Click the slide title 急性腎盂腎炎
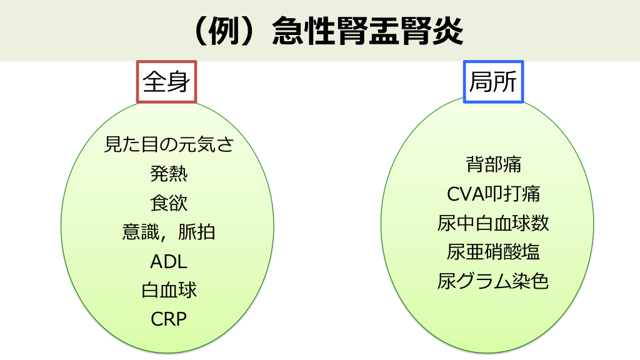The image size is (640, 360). pos(368,31)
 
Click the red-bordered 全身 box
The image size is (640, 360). pos(166,82)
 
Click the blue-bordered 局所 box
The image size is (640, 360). pos(493,82)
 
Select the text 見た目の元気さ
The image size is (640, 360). pos(169,145)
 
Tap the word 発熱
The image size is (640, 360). pos(169,174)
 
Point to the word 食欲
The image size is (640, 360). pos(169,203)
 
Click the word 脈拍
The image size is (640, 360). pos(197,232)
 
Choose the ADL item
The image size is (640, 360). pos(169,261)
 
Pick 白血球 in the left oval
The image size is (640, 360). pos(169,290)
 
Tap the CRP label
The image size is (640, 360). pos(169,319)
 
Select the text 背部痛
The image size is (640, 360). pos(493,164)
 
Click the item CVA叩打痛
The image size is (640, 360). pos(493,194)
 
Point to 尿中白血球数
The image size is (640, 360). pos(493,223)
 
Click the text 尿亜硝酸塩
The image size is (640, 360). pos(493,252)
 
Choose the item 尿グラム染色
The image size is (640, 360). pos(493,281)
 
